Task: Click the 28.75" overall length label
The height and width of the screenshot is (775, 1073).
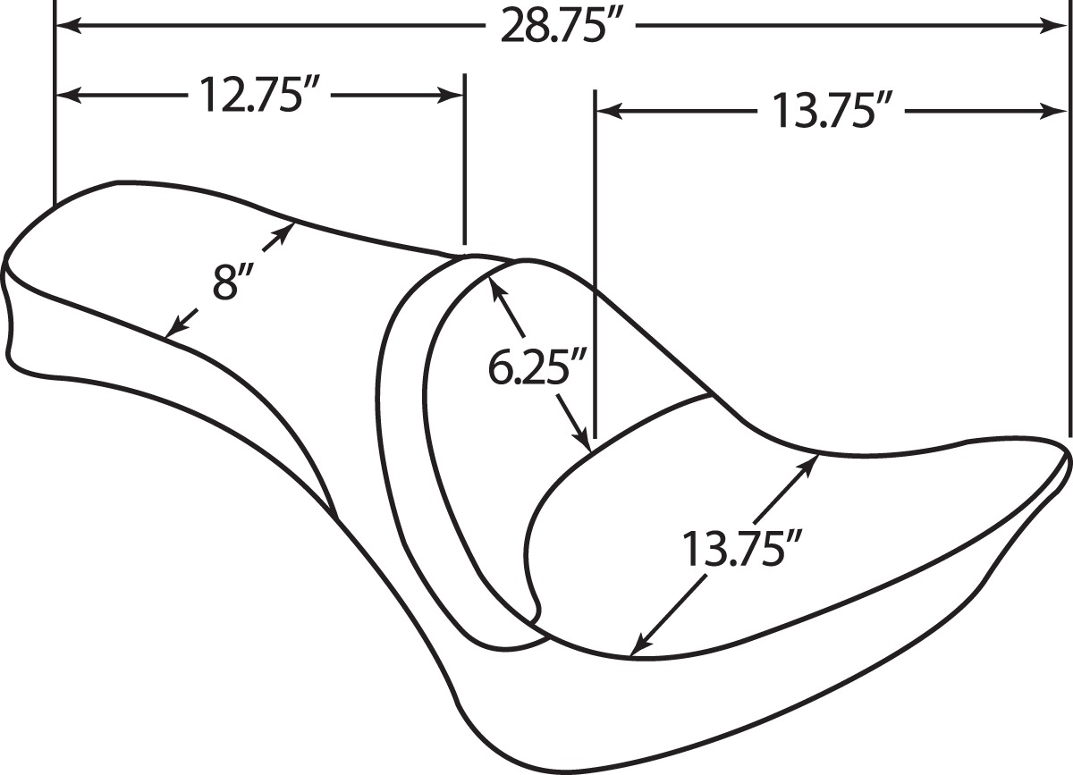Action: click(x=560, y=26)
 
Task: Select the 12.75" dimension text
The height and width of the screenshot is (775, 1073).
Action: click(x=259, y=96)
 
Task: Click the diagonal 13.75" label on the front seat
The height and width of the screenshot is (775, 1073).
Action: click(x=740, y=549)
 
